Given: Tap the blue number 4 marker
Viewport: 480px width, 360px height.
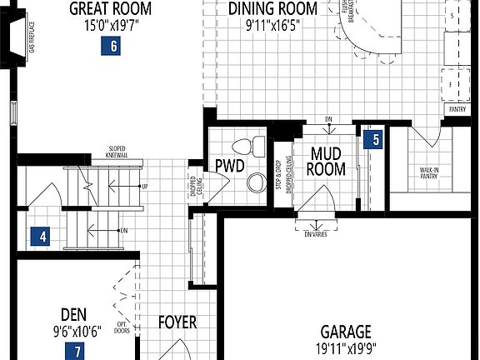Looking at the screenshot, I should tap(38, 237).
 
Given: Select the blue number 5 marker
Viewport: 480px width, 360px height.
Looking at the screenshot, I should tap(376, 139).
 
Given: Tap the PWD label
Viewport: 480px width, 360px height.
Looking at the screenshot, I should tap(229, 166).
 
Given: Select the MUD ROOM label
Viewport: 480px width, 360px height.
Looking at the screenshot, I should tap(327, 161).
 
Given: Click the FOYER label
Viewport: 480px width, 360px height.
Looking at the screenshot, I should tap(177, 322).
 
